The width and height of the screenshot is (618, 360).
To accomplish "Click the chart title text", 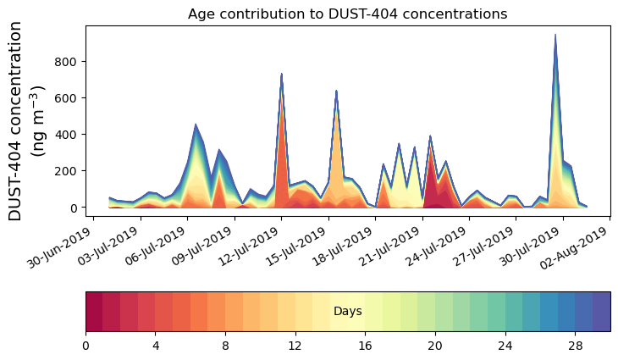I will (347, 14).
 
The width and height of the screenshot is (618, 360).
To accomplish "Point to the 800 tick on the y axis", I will (67, 62).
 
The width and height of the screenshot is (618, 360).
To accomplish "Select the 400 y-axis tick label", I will (67, 135).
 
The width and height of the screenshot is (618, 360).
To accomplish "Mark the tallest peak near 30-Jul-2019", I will (555, 36).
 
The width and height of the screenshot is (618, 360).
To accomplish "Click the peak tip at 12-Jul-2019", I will (281, 75).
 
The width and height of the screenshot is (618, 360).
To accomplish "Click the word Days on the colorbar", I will (347, 312).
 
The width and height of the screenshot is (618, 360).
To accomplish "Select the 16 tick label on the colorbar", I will (365, 346).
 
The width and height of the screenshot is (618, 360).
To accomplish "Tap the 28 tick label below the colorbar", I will (575, 346).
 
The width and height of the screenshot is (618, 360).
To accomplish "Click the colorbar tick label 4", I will (155, 346).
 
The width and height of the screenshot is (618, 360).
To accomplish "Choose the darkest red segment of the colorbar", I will (94, 312).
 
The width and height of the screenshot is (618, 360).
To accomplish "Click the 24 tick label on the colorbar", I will (505, 346).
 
